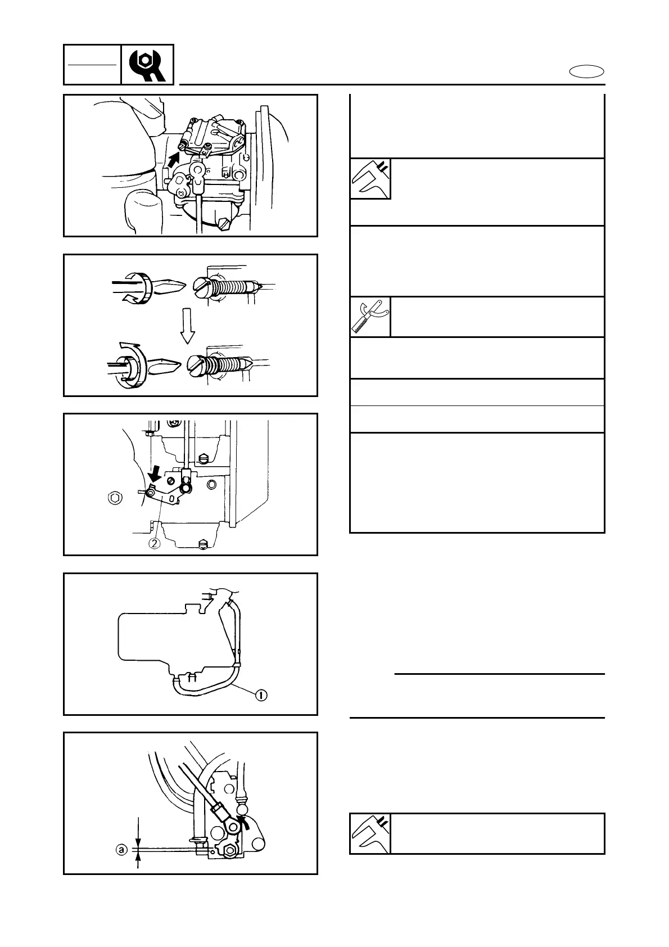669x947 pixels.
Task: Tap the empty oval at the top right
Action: coord(586,72)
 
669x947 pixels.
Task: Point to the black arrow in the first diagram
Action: coord(174,159)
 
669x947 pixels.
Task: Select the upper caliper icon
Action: coord(370,179)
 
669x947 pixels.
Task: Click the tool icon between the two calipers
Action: coord(370,317)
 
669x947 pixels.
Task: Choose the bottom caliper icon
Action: coord(370,833)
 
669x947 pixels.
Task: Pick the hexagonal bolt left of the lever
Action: coord(114,497)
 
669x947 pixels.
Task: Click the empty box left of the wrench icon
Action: coord(92,65)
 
